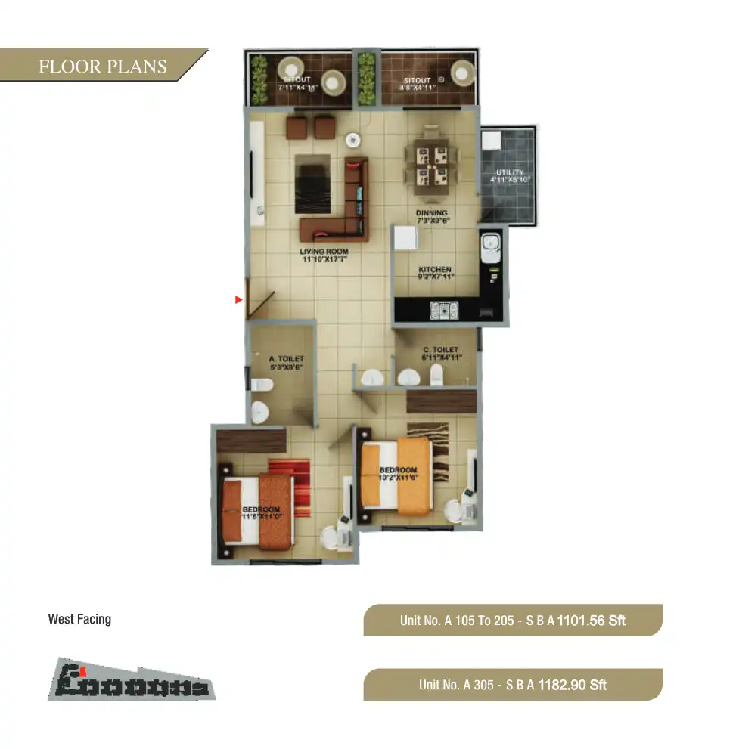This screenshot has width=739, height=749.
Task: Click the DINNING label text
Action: [432, 213]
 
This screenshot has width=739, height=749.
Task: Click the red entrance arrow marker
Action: [238, 301]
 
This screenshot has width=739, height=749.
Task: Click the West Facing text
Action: [79, 619]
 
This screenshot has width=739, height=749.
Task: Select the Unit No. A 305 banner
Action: [513, 685]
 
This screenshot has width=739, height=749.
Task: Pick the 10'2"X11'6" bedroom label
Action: [398, 474]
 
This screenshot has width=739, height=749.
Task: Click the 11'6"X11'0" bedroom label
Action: [262, 513]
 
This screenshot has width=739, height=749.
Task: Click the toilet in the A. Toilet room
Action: [261, 385]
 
